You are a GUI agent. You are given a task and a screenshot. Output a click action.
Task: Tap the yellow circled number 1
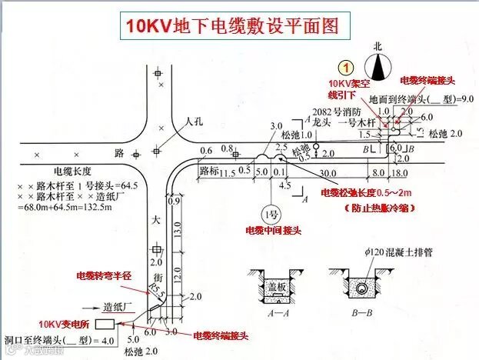pos(348,68)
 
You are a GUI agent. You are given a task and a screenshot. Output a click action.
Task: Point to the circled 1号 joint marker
pos(269,213)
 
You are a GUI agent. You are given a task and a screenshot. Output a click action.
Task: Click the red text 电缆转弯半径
pos(103,275)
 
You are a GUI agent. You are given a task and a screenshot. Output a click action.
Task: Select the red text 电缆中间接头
pos(272,230)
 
